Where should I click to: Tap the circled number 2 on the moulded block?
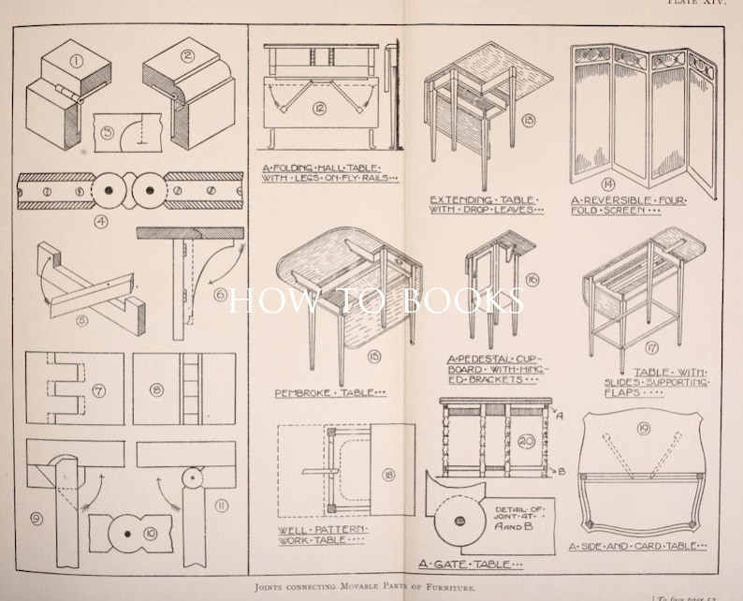(x=186, y=55)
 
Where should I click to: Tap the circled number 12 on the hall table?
(x=319, y=109)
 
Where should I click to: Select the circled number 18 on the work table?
(x=387, y=476)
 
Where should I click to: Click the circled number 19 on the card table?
(x=643, y=430)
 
